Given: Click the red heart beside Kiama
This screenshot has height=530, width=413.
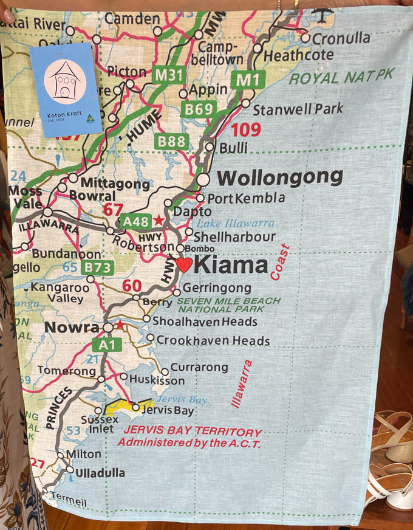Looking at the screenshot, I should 184,265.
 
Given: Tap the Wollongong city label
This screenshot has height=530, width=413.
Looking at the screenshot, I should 280,177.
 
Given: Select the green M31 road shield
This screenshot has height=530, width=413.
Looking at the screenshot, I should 168,75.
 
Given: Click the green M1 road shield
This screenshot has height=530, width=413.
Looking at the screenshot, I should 247,80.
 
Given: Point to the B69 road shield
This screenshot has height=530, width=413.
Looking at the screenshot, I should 198,109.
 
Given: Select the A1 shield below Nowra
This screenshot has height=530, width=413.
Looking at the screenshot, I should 107,345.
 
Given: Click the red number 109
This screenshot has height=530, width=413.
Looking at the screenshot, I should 245,129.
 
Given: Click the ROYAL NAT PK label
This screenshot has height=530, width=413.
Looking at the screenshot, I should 341,77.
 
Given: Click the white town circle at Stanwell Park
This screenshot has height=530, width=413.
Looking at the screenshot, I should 245,103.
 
